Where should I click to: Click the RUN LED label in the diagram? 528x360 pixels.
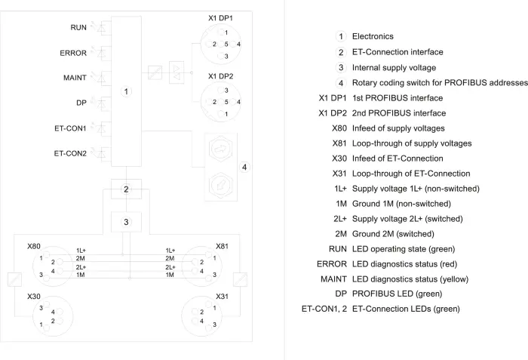[78, 27]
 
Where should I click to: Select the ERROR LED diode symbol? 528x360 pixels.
[102, 53]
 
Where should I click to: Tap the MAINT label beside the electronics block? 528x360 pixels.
[75, 78]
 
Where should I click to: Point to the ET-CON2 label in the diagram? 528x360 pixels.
[70, 153]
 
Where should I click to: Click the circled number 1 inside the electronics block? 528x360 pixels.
[126, 91]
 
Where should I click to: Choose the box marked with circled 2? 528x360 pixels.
[126, 189]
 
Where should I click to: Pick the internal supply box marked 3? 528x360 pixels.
[126, 222]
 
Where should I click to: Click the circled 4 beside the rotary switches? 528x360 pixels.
[244, 168]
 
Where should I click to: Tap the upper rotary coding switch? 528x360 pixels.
[221, 149]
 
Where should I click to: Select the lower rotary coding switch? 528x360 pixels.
[221, 185]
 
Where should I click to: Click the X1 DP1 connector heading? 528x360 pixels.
[220, 18]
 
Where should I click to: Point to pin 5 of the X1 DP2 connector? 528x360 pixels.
[226, 102]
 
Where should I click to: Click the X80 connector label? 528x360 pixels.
[34, 246]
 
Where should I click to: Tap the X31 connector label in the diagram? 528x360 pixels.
[222, 297]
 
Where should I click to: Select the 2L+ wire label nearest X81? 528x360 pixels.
[170, 267]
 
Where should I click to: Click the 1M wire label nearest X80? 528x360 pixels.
[81, 275]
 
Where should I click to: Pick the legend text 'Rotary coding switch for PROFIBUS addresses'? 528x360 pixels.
[440, 82]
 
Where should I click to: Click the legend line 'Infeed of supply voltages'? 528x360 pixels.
[398, 128]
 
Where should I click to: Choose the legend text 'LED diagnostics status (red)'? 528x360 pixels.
[405, 264]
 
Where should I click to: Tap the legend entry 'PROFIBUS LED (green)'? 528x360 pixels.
[397, 294]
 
